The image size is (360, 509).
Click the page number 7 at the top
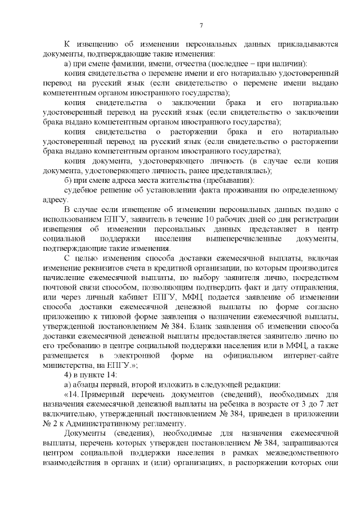pos(201,25)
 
